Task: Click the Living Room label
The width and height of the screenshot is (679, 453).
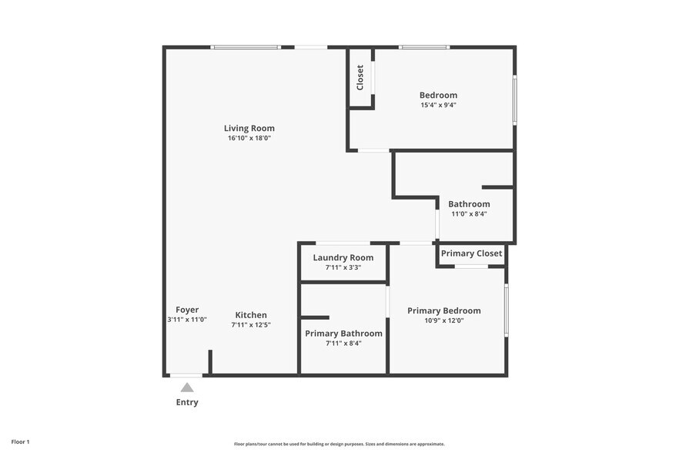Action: (x=249, y=129)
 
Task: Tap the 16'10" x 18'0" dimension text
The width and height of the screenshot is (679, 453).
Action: (x=249, y=139)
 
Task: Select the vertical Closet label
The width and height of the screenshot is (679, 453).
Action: (x=360, y=77)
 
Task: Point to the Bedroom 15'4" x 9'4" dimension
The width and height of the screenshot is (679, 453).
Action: (x=438, y=106)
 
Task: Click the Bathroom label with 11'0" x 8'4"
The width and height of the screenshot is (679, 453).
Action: (x=469, y=204)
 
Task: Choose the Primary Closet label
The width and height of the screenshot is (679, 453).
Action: (x=471, y=253)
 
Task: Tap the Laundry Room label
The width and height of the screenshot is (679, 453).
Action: (x=343, y=258)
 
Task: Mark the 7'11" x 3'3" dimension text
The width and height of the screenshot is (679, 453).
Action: (x=343, y=268)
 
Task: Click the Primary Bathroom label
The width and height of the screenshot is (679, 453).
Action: (x=343, y=334)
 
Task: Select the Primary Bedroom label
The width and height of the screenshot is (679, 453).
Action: (x=444, y=310)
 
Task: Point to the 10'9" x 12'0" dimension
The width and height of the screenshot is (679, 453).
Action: (x=444, y=320)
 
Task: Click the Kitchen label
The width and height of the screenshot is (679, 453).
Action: (x=251, y=315)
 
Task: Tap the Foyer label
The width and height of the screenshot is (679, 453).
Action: (x=187, y=310)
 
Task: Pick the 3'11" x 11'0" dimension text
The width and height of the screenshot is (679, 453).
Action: (x=187, y=320)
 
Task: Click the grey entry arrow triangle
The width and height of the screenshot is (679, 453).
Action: (x=187, y=388)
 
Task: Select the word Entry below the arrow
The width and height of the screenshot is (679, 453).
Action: (x=187, y=402)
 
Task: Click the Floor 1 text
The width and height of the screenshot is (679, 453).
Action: (x=20, y=442)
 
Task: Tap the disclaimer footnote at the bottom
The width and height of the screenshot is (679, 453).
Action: (x=339, y=444)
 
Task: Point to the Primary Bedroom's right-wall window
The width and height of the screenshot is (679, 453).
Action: (x=506, y=310)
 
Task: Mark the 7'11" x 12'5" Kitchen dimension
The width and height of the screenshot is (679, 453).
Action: (x=251, y=325)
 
